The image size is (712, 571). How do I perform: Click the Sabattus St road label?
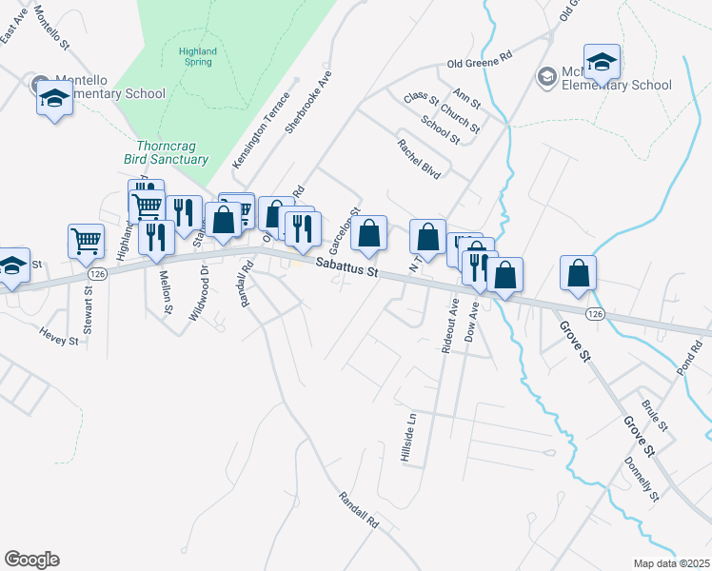pos(347,266)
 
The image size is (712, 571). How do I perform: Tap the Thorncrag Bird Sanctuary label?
pos(166,153)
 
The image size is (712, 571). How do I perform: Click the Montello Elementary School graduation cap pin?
pos(54,97)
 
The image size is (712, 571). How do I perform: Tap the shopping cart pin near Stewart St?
pos(86,242)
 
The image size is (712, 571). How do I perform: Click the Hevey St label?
pos(58,334)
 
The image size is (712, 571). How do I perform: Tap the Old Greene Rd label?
pos(480,65)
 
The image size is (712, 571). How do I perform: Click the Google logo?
pos(31,560)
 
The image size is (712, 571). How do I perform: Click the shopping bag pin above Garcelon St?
pos(368,233)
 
